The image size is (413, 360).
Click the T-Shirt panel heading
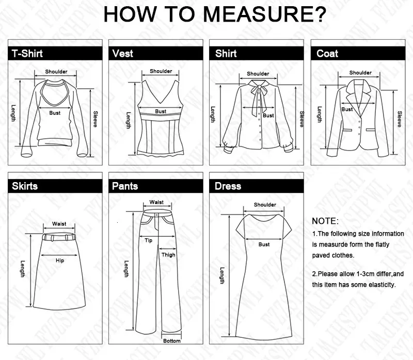(x=27, y=54)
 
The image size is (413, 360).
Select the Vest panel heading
(x=122, y=54)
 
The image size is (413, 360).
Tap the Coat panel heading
(x=327, y=54)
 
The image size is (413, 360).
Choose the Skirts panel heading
(x=25, y=186)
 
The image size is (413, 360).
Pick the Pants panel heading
(x=125, y=186)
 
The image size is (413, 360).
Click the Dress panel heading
(x=228, y=186)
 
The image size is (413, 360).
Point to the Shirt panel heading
(x=226, y=54)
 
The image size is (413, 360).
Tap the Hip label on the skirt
(x=60, y=260)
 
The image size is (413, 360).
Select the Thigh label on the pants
(x=168, y=255)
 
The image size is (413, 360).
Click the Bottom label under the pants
(x=172, y=341)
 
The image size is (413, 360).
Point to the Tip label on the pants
(x=148, y=240)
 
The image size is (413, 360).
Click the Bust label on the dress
(x=264, y=244)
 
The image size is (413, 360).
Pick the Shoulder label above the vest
(x=161, y=71)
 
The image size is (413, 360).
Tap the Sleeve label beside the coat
(x=399, y=119)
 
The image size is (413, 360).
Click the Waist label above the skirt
(x=59, y=224)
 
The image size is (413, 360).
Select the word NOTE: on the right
(x=325, y=221)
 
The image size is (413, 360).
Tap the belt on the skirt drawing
(x=59, y=237)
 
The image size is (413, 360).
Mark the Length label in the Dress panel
(x=223, y=275)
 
